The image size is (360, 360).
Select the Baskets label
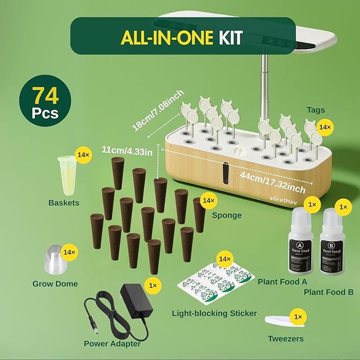[x=64, y=202]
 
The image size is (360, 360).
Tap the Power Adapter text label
[x=112, y=344]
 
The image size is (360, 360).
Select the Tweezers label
[x=285, y=338]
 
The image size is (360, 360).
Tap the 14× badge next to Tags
[x=324, y=128]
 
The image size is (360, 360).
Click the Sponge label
[x=227, y=216]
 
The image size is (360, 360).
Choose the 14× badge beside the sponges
[x=209, y=200]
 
